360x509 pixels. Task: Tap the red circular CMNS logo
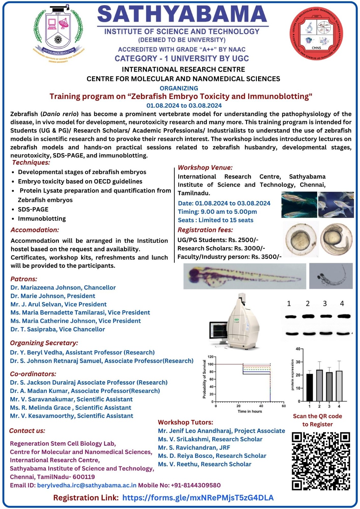coord(316,33)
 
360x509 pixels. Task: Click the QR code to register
coord(321,461)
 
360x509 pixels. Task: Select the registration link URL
coord(198,498)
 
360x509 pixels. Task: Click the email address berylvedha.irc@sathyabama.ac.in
coord(87,485)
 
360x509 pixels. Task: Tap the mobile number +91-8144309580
coord(195,485)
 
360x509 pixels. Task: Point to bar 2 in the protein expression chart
coord(319,385)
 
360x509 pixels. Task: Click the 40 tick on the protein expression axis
coord(298,349)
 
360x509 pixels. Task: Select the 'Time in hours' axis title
coord(250,411)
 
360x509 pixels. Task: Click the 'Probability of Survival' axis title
coord(204,379)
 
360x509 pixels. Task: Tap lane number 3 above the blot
coord(325,303)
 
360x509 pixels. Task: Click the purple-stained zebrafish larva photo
coord(244,276)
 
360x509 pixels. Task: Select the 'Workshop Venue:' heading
coord(205,167)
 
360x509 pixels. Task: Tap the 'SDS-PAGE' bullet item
coord(33,209)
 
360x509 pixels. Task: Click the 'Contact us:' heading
coord(27,431)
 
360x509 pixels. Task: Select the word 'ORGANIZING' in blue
coord(179,88)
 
